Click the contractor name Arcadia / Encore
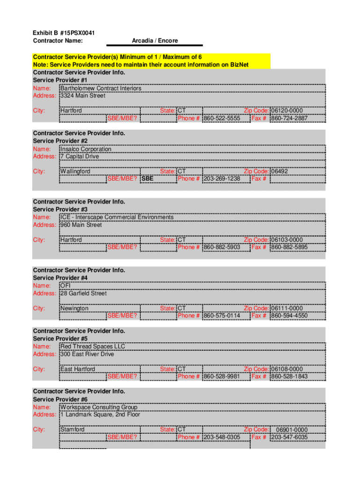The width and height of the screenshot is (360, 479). point(155,41)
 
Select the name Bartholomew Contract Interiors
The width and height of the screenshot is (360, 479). point(101,88)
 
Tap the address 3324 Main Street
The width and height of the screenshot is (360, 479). point(83,96)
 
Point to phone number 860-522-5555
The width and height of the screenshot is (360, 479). point(222,118)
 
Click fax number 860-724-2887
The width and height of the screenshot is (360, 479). point(289,118)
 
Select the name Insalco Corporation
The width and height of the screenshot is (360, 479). point(86,149)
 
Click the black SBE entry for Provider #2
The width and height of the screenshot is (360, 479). point(147,179)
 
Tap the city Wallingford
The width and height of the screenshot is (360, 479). point(75,171)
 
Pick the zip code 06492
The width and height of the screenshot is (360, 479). point(280,171)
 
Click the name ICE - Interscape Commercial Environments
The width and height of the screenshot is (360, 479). point(117,217)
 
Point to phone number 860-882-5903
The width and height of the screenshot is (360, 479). point(222,247)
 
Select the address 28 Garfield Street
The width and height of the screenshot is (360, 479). point(83,294)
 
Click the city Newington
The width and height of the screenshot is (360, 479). point(74,308)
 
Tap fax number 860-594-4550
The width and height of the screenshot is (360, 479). point(289,316)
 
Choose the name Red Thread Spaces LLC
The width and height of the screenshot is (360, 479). point(93,347)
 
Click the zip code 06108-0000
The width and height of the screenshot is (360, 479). point(287,369)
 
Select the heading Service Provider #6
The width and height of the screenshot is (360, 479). point(60,399)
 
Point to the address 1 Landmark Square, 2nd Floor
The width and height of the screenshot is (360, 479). point(100,415)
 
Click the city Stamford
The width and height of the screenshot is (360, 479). point(72,429)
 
